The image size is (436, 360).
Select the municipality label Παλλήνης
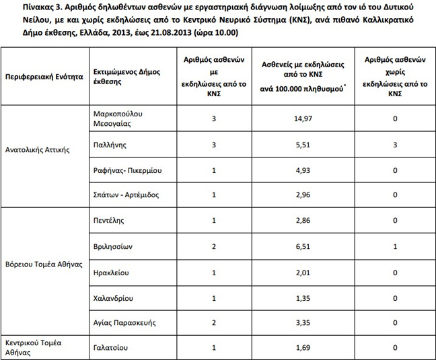click(x=109, y=145)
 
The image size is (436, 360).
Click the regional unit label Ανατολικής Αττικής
click(x=37, y=145)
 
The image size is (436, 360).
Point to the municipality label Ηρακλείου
click(x=111, y=273)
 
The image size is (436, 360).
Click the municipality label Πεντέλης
click(x=109, y=221)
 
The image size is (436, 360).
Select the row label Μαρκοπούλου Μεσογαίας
click(x=118, y=119)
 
